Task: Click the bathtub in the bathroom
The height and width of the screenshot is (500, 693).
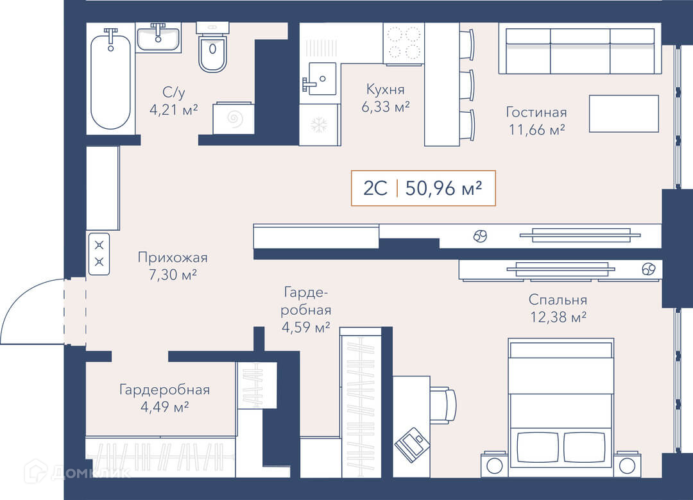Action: tap(110, 80)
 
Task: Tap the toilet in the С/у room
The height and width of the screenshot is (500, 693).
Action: tap(212, 47)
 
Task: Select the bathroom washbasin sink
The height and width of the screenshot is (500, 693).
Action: tap(158, 38)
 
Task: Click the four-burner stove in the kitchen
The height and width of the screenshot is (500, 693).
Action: tap(404, 44)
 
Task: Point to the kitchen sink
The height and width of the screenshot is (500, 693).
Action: tap(319, 79)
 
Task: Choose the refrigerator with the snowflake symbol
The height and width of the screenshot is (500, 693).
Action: tap(319, 125)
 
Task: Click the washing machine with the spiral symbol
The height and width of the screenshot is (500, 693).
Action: tap(234, 118)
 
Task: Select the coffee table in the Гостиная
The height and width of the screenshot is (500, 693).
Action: tap(624, 113)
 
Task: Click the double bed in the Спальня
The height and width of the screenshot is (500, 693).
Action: tap(561, 407)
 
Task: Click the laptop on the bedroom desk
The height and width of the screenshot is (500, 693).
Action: tap(412, 444)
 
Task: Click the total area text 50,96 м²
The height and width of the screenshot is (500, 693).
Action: tap(443, 188)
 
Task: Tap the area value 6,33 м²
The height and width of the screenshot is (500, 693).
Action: tap(386, 106)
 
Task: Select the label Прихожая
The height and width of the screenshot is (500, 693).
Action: tap(173, 257)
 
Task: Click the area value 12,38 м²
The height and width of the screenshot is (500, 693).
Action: tap(558, 317)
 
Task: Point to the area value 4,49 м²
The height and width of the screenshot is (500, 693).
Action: tap(164, 406)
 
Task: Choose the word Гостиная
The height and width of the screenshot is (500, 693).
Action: tap(536, 112)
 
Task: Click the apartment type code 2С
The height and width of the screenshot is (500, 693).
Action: tap(375, 188)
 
